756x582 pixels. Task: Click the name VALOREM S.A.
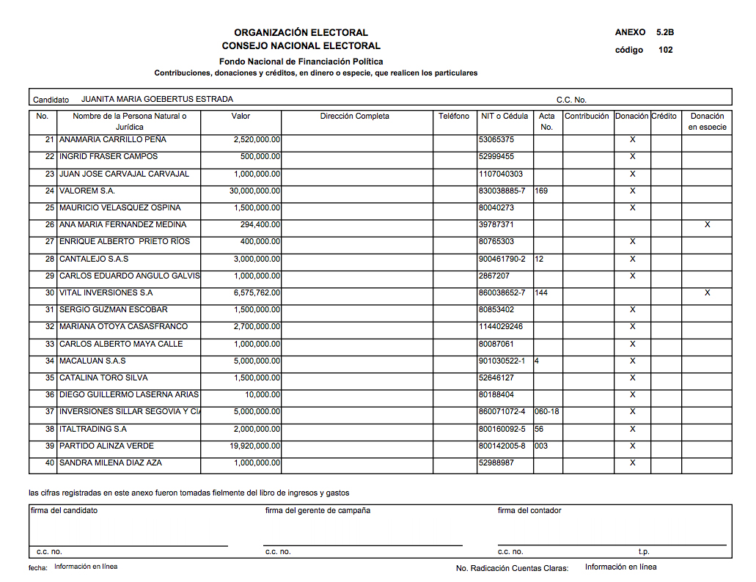click(87, 191)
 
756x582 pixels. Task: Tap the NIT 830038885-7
click(502, 191)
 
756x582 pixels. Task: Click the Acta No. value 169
click(542, 191)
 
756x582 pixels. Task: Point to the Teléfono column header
click(454, 116)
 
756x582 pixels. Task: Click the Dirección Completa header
click(355, 116)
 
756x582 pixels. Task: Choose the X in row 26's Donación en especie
click(707, 224)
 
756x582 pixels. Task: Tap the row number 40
click(50, 463)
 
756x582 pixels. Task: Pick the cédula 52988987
click(496, 463)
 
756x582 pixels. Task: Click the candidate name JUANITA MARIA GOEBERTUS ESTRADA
click(157, 99)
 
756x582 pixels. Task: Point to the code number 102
click(666, 50)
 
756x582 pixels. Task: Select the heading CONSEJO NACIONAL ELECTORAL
click(301, 45)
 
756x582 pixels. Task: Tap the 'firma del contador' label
click(529, 510)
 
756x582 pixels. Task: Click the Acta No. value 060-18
click(547, 411)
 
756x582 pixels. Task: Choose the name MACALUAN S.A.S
click(92, 361)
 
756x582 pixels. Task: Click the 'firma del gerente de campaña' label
click(318, 510)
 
